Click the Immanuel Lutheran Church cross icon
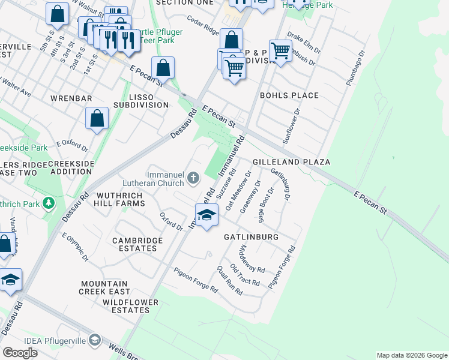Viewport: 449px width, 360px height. [193, 177]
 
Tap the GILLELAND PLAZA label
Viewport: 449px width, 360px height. [292, 163]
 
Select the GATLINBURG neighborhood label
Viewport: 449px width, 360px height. [251, 237]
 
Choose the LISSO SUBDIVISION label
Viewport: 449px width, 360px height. [140, 101]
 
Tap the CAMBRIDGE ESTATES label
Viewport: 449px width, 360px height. [137, 244]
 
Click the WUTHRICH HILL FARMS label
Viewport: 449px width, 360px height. [118, 200]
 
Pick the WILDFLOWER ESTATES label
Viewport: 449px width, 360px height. [126, 306]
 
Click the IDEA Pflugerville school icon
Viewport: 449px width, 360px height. [94, 341]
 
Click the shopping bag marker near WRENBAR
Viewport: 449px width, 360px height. [97, 118]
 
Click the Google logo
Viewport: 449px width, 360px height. [20, 353]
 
